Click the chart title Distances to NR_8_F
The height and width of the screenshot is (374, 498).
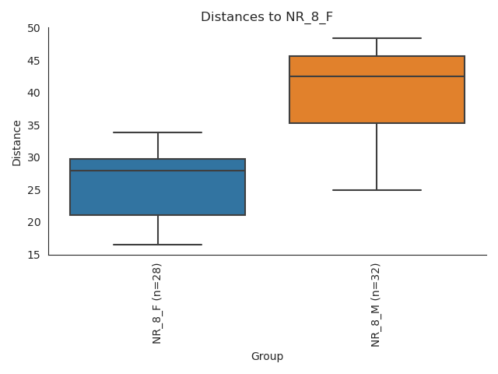click(x=267, y=17)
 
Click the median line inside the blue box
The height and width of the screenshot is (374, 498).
click(x=157, y=171)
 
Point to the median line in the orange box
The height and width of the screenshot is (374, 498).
click(x=377, y=76)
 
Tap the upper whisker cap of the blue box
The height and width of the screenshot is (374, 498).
click(x=157, y=132)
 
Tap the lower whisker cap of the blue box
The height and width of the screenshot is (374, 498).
click(x=157, y=245)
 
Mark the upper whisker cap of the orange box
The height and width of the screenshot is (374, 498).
click(x=377, y=38)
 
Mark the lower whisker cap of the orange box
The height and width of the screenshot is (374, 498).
click(x=377, y=190)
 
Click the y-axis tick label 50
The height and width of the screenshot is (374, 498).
click(x=33, y=28)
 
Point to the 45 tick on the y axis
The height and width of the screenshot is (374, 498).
click(x=33, y=61)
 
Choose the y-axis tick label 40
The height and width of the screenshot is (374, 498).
click(x=33, y=93)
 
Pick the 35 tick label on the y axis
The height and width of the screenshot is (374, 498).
click(x=33, y=125)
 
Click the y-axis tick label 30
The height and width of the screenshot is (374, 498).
click(x=33, y=157)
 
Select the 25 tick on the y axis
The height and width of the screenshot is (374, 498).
click(x=33, y=190)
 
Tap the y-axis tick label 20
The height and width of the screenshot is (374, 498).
click(x=33, y=222)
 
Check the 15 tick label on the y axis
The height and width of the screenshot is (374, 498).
click(x=33, y=255)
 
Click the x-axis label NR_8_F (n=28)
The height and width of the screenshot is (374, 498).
click(x=157, y=303)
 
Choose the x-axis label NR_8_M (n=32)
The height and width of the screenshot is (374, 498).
click(x=376, y=305)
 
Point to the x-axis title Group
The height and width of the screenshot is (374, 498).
click(x=267, y=357)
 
